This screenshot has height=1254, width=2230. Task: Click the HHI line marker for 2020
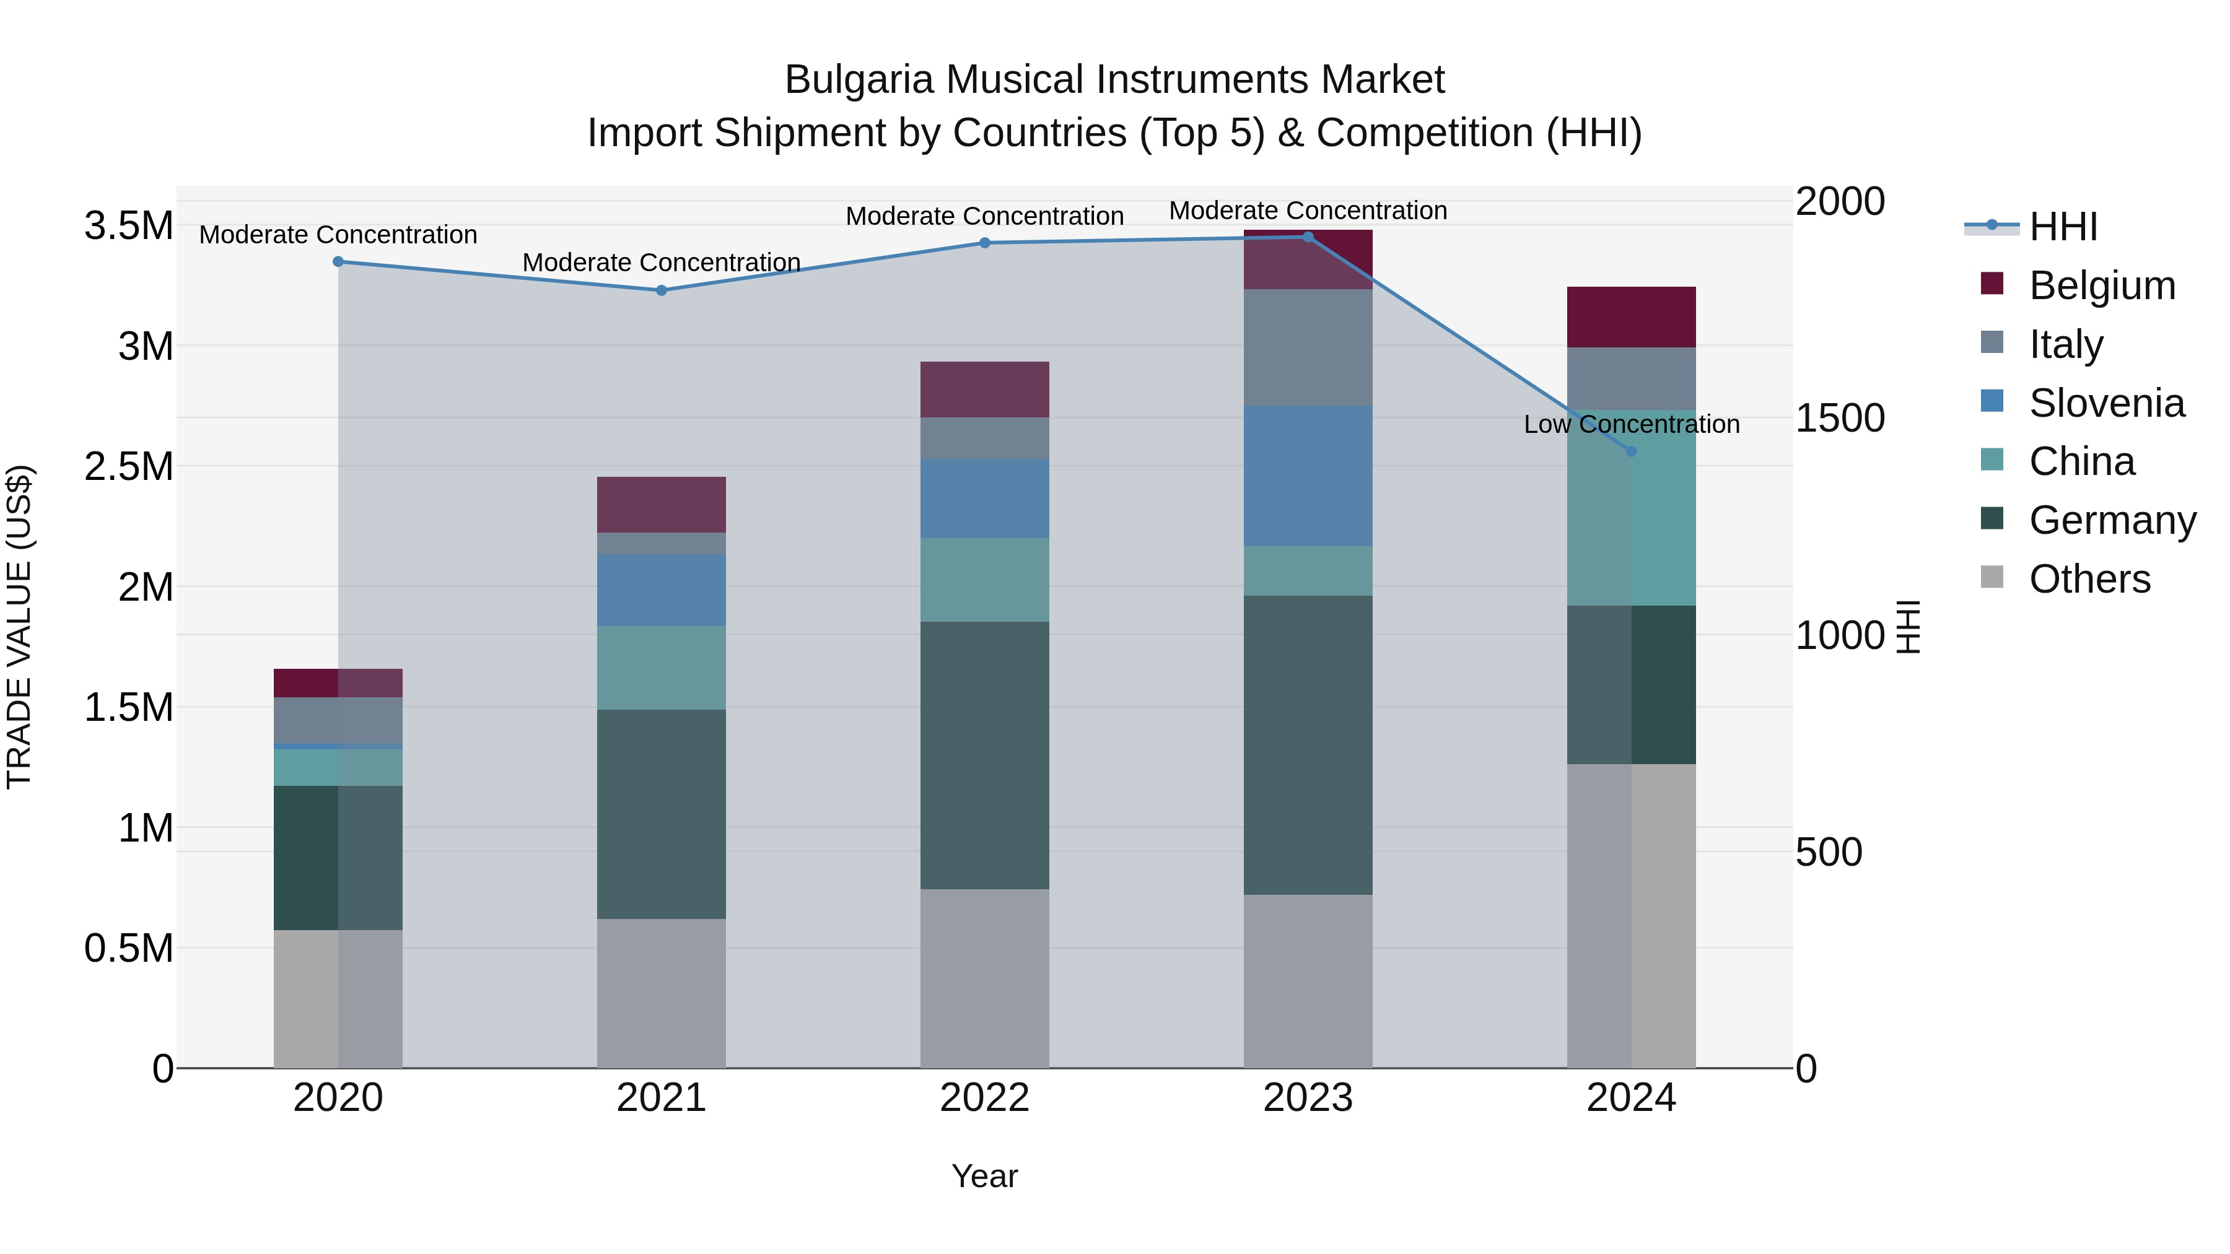[338, 261]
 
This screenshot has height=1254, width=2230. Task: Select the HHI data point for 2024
[1631, 451]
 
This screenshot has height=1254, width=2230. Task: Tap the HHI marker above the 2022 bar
[984, 243]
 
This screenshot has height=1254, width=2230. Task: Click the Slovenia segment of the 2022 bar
[984, 499]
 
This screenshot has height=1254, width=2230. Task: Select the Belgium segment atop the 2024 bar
[1631, 316]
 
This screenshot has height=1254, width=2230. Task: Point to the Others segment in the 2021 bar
[662, 993]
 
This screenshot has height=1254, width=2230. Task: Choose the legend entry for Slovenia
[2106, 403]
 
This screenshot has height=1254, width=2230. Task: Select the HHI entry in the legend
[2063, 227]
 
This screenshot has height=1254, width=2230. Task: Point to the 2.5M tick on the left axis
[128, 466]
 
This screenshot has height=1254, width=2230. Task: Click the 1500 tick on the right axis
[1840, 418]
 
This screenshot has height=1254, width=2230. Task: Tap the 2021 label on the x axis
[662, 1098]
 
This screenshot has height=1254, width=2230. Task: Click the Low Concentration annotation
[1631, 424]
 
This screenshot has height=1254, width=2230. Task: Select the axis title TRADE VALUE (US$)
[19, 627]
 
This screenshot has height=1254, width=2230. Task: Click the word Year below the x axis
[984, 1176]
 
